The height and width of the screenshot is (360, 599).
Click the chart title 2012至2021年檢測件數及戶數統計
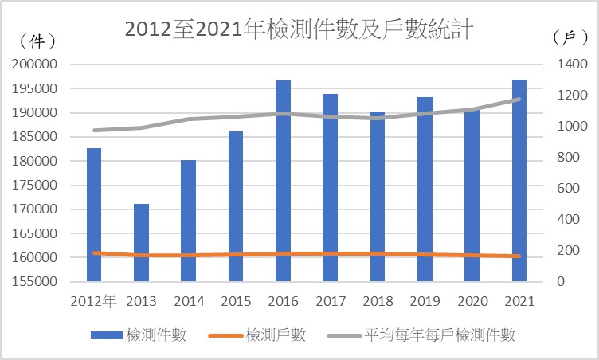[300, 29]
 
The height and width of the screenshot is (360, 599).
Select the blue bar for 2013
[141, 242]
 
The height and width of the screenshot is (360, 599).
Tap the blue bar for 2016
[283, 180]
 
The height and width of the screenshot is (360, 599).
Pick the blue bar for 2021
[519, 180]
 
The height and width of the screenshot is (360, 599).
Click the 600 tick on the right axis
[561, 189]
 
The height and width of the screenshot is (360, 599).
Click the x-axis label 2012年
[93, 301]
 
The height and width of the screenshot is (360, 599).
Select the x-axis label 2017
[330, 301]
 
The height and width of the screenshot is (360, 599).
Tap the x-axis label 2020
[472, 301]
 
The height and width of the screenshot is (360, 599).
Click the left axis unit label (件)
[36, 41]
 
